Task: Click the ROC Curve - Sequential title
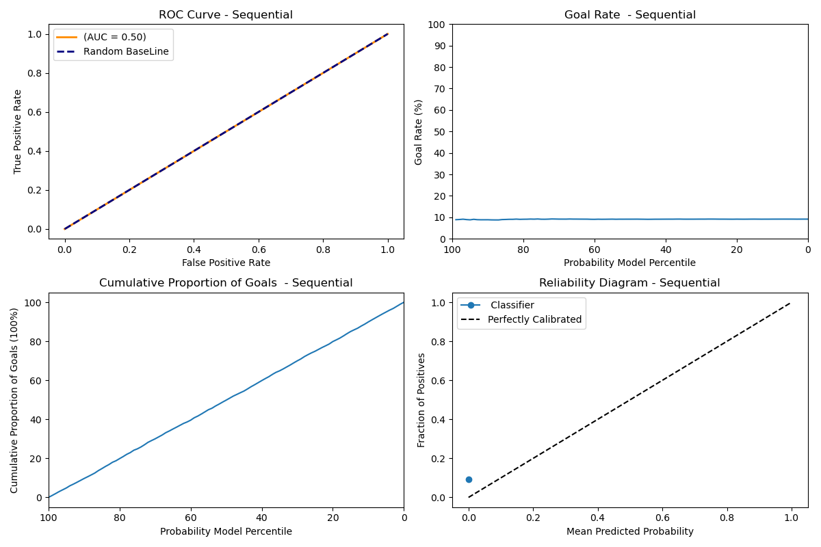coord(226,15)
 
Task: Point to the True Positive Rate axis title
coord(18,131)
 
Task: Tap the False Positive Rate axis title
coord(226,263)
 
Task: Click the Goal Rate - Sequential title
coord(629,15)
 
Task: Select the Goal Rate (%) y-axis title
coord(419,131)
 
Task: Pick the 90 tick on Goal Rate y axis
coord(441,46)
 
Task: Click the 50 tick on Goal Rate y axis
coord(441,131)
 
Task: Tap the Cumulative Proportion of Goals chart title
coord(226,283)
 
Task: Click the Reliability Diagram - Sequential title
coord(629,283)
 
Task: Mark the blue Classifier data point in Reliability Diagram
coord(469,479)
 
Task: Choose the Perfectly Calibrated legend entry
coord(534,319)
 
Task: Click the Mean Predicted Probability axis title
coord(629,531)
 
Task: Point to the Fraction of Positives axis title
coord(421,400)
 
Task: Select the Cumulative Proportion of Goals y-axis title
coord(15,400)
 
